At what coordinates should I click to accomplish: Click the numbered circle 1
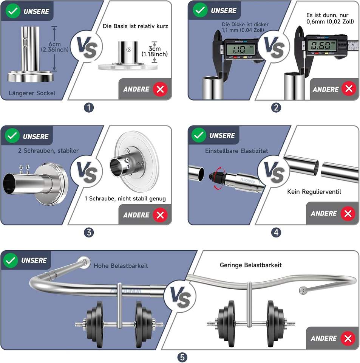tap(88, 107)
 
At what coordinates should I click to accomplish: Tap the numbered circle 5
tap(182, 357)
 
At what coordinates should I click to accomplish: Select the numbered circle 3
tap(88, 232)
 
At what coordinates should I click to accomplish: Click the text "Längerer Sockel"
tap(32, 93)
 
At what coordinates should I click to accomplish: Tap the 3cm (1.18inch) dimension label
tap(155, 52)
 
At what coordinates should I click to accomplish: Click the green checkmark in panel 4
tap(199, 135)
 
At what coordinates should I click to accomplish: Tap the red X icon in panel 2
tap(348, 89)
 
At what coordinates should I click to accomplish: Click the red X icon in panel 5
tap(347, 338)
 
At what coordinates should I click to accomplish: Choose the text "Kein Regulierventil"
tap(314, 192)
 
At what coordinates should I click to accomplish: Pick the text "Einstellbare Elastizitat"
tap(236, 151)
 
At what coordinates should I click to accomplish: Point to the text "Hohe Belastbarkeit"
tap(121, 266)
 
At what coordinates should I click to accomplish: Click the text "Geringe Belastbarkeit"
tap(251, 265)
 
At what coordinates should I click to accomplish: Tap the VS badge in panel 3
tap(87, 172)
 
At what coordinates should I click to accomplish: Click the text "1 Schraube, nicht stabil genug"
tap(125, 199)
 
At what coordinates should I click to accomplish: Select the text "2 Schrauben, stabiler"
tap(48, 151)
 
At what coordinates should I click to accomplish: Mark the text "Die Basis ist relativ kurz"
tap(135, 26)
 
